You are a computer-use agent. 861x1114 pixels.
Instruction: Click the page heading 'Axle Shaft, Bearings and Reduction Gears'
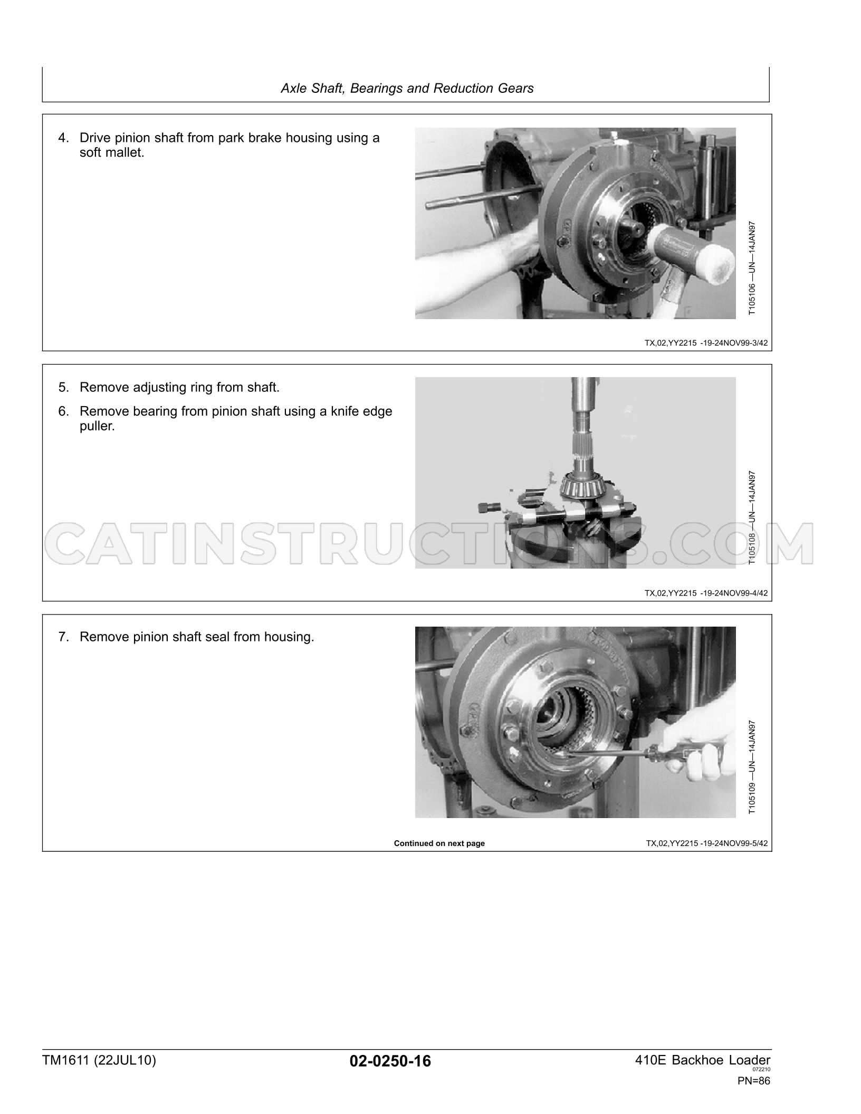coord(407,88)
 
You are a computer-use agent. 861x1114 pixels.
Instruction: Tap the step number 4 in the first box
coord(63,138)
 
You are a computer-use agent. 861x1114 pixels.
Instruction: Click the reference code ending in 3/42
coord(706,343)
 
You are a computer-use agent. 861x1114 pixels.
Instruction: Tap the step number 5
coord(63,388)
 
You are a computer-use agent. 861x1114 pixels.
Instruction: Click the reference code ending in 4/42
coord(706,593)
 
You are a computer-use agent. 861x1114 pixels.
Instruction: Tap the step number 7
coord(63,637)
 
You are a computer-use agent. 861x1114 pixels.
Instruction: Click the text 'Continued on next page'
coord(439,843)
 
